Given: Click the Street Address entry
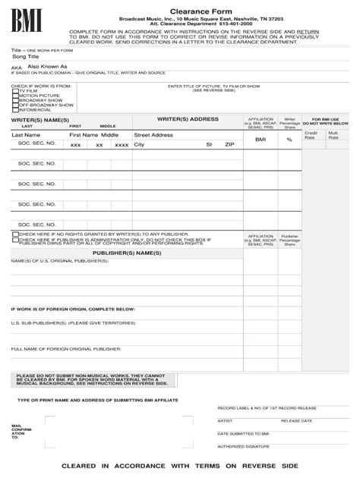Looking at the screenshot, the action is coord(153,134).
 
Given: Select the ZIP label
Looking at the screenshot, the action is coord(229,144).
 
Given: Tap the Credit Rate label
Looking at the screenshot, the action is coord(310,136).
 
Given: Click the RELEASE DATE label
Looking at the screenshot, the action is coord(297,420).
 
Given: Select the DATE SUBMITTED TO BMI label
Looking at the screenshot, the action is coord(244,433).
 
